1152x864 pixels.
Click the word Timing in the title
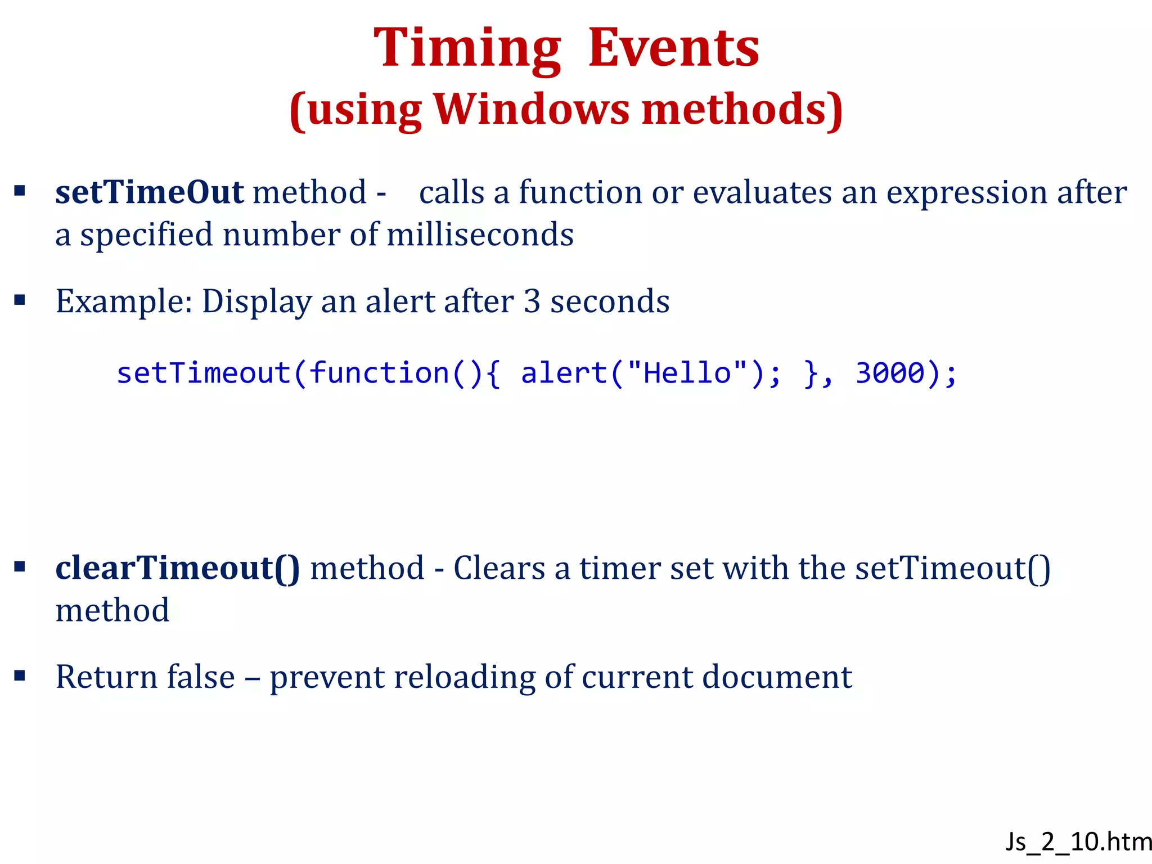[467, 49]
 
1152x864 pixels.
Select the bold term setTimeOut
[149, 192]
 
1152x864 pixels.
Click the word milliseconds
[480, 235]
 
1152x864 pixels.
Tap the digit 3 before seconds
[532, 301]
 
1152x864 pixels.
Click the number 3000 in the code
[890, 373]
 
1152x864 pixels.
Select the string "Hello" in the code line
[687, 373]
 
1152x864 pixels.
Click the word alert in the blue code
[564, 373]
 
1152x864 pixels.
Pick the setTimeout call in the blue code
[204, 373]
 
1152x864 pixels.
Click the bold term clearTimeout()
[177, 568]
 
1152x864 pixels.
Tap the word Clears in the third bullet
[499, 568]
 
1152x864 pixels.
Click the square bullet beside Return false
[20, 675]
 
